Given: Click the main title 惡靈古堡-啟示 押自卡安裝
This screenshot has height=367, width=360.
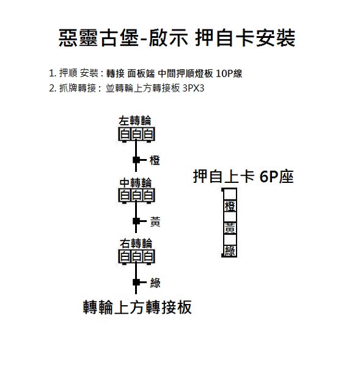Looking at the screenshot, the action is [x=177, y=38].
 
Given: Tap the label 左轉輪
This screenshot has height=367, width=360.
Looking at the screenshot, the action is [x=135, y=121].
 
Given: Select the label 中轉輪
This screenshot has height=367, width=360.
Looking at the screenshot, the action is [x=136, y=183].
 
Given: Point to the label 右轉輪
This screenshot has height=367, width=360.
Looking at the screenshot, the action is [x=136, y=243].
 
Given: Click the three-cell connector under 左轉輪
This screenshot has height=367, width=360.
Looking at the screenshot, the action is [x=137, y=134].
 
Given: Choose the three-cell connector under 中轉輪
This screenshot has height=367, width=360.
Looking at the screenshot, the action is [x=137, y=196].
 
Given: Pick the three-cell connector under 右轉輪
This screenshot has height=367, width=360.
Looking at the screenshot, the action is [x=137, y=257].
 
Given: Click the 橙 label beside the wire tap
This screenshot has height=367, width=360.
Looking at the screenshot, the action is [x=155, y=160].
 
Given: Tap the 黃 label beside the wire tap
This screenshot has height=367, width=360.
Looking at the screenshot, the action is [x=155, y=221].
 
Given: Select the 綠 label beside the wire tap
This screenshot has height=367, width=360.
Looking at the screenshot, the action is [x=155, y=283].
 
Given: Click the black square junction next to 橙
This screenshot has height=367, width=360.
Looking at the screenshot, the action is [x=136, y=160].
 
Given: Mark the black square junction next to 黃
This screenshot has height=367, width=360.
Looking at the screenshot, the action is [x=136, y=221].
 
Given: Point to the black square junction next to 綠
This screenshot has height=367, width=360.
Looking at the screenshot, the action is [x=136, y=282].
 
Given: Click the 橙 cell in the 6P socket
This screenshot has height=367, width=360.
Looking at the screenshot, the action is [x=230, y=206].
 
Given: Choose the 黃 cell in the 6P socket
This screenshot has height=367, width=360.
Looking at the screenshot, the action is [x=230, y=228].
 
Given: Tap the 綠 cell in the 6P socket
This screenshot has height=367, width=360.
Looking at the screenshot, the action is [x=230, y=251].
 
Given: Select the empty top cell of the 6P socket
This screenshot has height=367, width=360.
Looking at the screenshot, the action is [x=230, y=195].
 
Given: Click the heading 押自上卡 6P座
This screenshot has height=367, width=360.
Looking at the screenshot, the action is [x=243, y=177].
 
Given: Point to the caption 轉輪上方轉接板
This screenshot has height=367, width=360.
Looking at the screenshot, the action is [x=138, y=307].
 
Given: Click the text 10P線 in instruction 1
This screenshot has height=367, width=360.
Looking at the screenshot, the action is [x=229, y=73].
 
